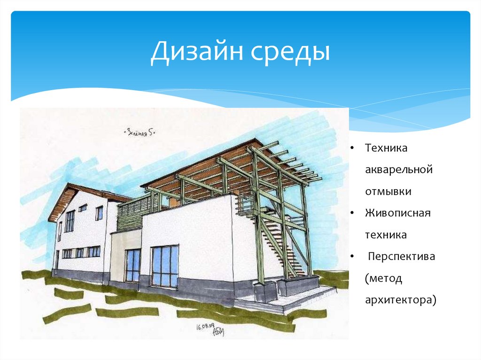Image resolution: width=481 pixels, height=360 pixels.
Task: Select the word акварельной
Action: (x=398, y=169)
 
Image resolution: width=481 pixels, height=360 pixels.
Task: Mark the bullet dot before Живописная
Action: (x=351, y=214)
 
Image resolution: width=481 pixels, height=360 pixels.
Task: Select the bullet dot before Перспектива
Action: (x=351, y=257)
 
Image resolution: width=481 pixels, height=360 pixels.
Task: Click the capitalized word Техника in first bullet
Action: (x=386, y=148)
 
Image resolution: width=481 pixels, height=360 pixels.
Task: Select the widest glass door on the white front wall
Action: (x=164, y=266)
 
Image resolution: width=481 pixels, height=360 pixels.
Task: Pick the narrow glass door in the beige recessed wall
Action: (x=132, y=265)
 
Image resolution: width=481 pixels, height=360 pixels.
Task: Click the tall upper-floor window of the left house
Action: (x=70, y=221)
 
